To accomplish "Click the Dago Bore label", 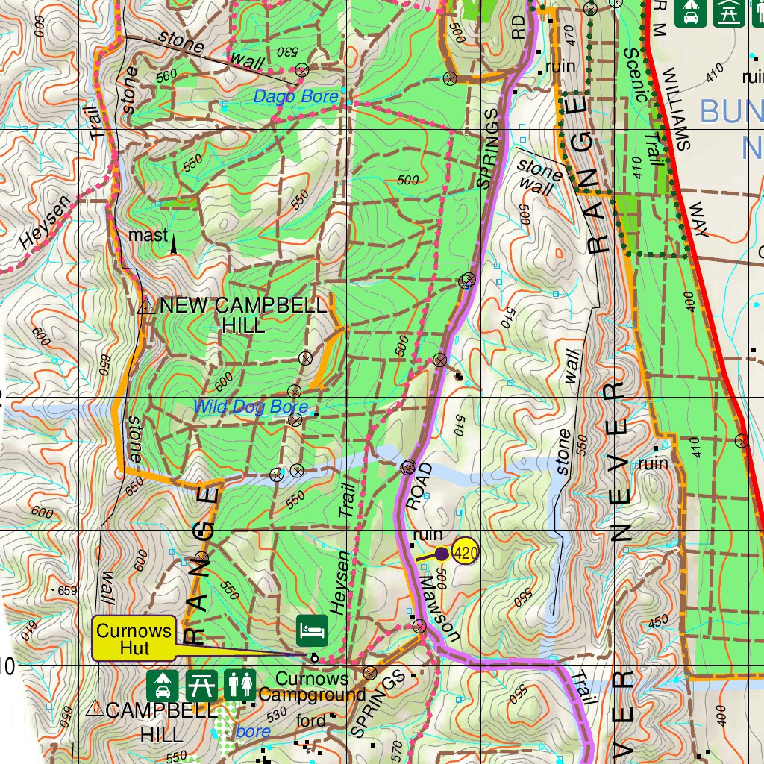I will click(295, 96).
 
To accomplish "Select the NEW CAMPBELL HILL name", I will click(243, 315).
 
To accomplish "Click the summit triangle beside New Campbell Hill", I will click(146, 304).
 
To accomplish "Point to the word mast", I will click(148, 236).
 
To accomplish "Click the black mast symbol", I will click(175, 244).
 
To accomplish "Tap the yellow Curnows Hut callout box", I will click(134, 639).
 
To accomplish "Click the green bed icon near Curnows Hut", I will click(312, 630).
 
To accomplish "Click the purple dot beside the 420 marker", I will click(442, 554).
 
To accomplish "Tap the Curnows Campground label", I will click(311, 687).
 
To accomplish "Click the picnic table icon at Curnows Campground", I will click(201, 683).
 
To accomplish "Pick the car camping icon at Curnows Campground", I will click(162, 683).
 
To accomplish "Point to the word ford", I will click(311, 721).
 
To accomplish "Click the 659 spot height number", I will click(66, 591).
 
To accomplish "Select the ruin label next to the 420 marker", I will click(428, 534).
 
